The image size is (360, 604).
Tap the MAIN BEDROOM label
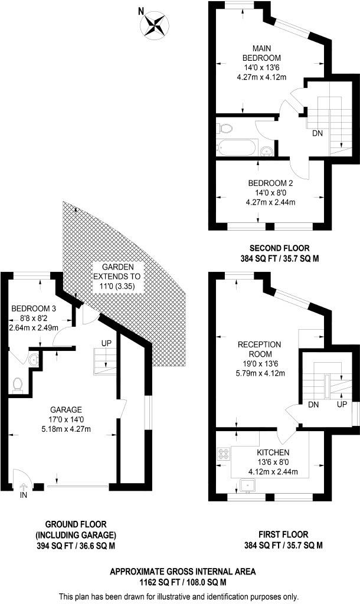261,53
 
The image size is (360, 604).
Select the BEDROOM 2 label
271,183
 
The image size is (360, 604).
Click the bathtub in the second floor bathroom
235,148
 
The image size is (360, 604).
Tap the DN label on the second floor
318,133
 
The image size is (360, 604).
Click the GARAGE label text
66,410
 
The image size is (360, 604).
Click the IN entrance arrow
24,487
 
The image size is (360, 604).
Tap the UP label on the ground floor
107,343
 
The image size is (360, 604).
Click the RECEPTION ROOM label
259,349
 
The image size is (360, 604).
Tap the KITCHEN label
273,452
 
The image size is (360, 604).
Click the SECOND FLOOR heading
280,248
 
